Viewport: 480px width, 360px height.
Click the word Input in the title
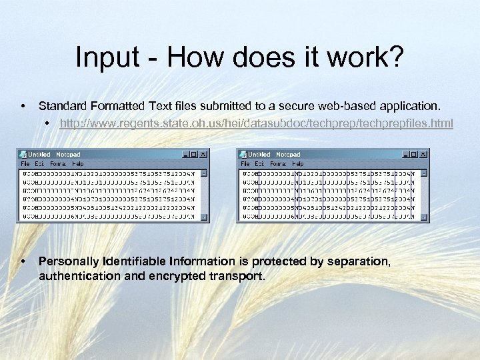[x=103, y=58]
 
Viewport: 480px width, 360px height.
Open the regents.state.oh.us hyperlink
[x=256, y=123]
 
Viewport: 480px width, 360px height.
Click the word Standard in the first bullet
[x=65, y=105]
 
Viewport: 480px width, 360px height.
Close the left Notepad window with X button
[x=203, y=154]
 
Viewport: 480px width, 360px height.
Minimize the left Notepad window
[x=185, y=154]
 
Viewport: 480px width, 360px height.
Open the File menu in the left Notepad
[x=25, y=163]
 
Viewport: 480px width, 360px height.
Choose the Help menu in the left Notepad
[x=78, y=163]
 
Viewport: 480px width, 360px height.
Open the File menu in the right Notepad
[x=245, y=163]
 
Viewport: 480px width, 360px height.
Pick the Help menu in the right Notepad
[x=298, y=163]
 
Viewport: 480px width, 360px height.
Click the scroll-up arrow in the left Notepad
[x=203, y=173]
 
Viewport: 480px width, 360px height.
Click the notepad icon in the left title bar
[x=22, y=154]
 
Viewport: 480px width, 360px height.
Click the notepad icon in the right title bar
[x=243, y=154]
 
